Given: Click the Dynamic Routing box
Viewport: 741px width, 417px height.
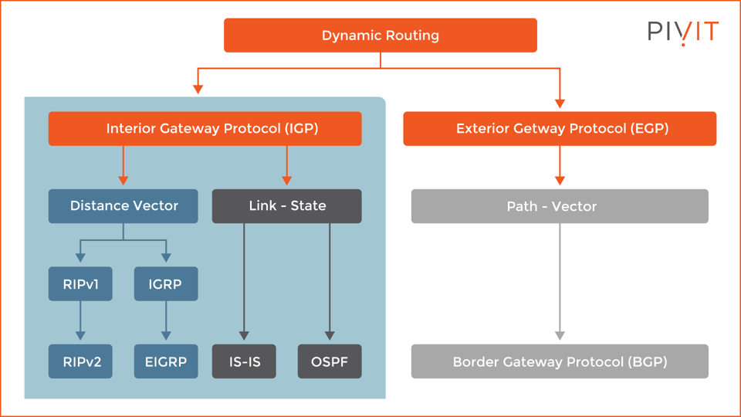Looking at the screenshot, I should [380, 36].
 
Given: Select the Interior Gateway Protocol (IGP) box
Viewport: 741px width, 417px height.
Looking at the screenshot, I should [205, 129].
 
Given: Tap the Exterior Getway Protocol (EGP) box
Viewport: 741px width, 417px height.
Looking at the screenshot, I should [560, 129].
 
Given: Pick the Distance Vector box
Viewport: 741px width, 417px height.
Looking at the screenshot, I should [123, 206].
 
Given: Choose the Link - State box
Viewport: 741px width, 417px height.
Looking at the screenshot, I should [287, 206].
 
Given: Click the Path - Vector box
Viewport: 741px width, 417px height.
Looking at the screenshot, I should [560, 206].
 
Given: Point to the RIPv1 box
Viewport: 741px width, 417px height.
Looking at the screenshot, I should [80, 284].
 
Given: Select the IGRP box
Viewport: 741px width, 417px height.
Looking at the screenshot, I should [166, 284].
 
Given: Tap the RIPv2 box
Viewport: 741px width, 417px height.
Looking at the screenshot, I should [80, 361].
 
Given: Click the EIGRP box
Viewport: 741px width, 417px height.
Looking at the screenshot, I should [166, 361].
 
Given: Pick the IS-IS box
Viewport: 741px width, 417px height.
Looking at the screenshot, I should [244, 361].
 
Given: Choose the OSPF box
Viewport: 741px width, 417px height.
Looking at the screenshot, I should [330, 361].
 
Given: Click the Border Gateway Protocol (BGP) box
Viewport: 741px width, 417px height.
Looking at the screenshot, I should [560, 361].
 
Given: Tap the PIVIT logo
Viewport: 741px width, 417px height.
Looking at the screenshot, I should [683, 32].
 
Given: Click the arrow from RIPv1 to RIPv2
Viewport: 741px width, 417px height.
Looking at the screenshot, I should [80, 320].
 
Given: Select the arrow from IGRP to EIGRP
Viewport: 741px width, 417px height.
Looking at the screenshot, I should [166, 320].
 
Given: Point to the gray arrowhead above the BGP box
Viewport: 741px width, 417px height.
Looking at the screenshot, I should [560, 336].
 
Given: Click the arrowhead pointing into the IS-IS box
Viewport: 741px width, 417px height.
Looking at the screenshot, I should [244, 336].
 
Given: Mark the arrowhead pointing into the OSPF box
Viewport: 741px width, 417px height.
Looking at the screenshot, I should [330, 336].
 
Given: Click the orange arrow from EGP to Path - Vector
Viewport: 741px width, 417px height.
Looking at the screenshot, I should [560, 164].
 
